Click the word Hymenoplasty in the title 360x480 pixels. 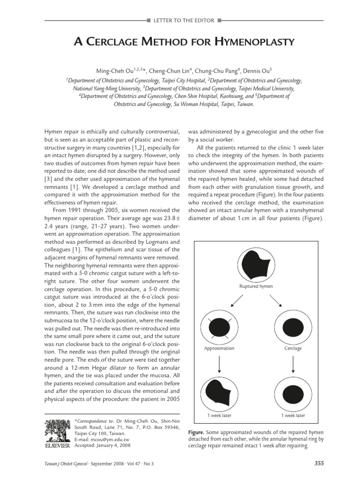254,43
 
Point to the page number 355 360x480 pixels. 319,464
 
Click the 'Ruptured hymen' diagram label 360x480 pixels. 255,286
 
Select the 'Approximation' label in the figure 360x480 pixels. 219,349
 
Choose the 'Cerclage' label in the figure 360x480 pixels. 293,349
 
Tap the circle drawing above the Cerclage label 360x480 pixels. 293,327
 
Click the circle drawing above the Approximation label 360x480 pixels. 219,327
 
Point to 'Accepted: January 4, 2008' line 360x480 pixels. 102,445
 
